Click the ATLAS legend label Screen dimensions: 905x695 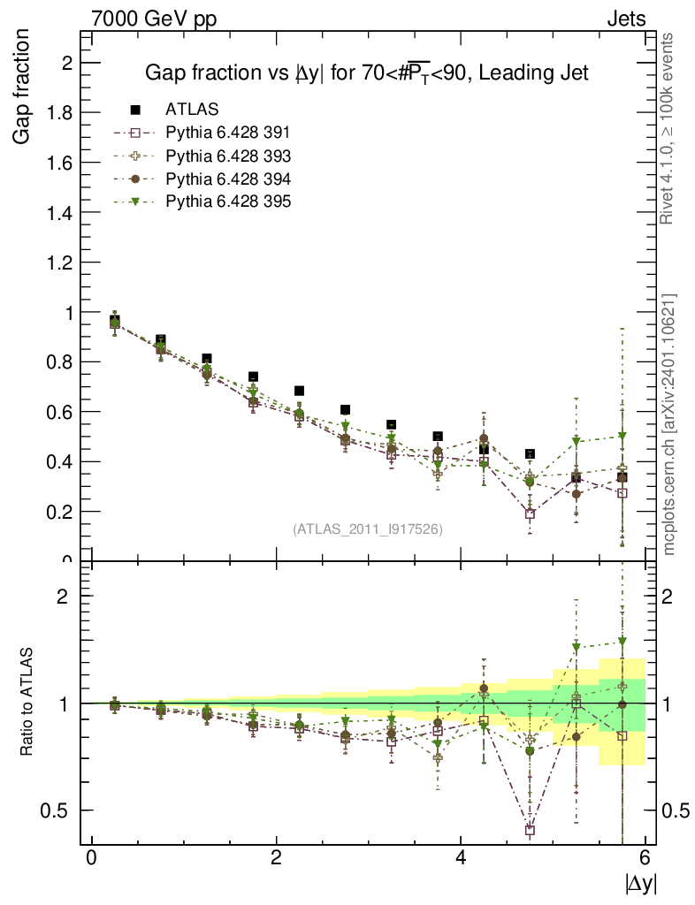pos(192,110)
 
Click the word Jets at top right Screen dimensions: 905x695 pos(625,19)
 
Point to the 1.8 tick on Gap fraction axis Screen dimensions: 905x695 pos(62,112)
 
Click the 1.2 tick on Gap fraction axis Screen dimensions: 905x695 pos(62,262)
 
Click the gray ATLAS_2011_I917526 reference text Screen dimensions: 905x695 pos(368,529)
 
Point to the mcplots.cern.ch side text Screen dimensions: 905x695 pos(670,424)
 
